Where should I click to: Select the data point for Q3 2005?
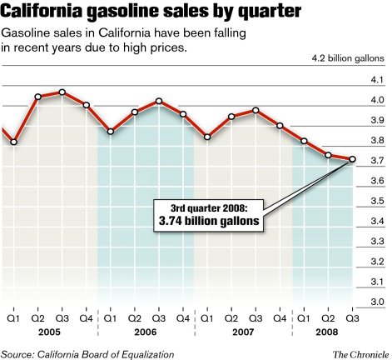[x=62, y=92]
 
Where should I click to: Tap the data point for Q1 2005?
[x=14, y=142]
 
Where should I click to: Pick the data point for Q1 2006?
[x=111, y=131]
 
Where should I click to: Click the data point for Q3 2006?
[x=159, y=102]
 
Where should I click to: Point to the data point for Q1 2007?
[x=207, y=137]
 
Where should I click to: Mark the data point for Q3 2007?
[x=256, y=110]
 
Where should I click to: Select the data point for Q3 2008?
[x=352, y=159]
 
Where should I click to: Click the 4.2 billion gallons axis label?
[x=347, y=60]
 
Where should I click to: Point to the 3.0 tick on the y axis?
[x=376, y=301]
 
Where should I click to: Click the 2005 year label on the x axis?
[x=50, y=332]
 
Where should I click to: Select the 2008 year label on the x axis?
[x=328, y=332]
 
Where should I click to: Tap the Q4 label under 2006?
[x=183, y=317]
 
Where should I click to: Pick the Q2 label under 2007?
[x=231, y=317]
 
